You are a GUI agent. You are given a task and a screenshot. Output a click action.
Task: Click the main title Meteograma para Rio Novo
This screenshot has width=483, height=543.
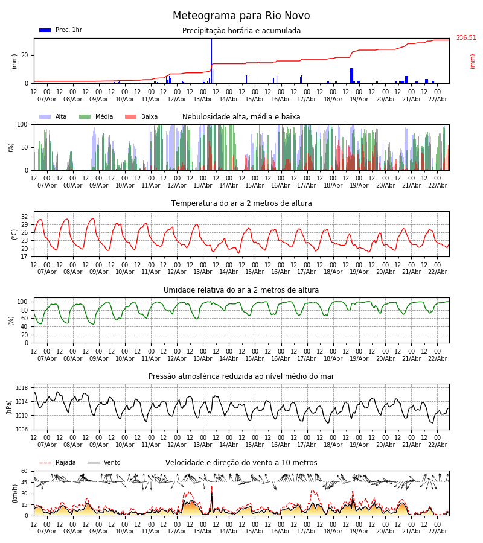point(241,16)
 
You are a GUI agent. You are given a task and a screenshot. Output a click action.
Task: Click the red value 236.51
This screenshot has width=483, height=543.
point(466,38)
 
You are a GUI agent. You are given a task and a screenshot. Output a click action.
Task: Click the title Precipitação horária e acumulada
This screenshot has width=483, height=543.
point(241,31)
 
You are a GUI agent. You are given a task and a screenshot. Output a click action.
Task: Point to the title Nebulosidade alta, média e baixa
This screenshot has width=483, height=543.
point(241,117)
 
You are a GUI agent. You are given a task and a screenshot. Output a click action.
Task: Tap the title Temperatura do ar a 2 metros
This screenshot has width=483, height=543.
point(241,203)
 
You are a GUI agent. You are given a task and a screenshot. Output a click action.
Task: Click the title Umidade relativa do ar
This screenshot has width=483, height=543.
point(241,290)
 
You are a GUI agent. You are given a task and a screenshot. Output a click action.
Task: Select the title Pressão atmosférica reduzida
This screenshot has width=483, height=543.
point(241,376)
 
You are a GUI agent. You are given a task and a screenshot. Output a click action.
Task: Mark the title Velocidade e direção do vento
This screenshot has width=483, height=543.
point(241,463)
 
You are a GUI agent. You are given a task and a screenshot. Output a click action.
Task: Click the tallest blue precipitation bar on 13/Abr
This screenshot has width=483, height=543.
point(211,60)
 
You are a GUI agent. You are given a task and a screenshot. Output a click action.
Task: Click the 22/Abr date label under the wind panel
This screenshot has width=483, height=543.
point(437,531)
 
